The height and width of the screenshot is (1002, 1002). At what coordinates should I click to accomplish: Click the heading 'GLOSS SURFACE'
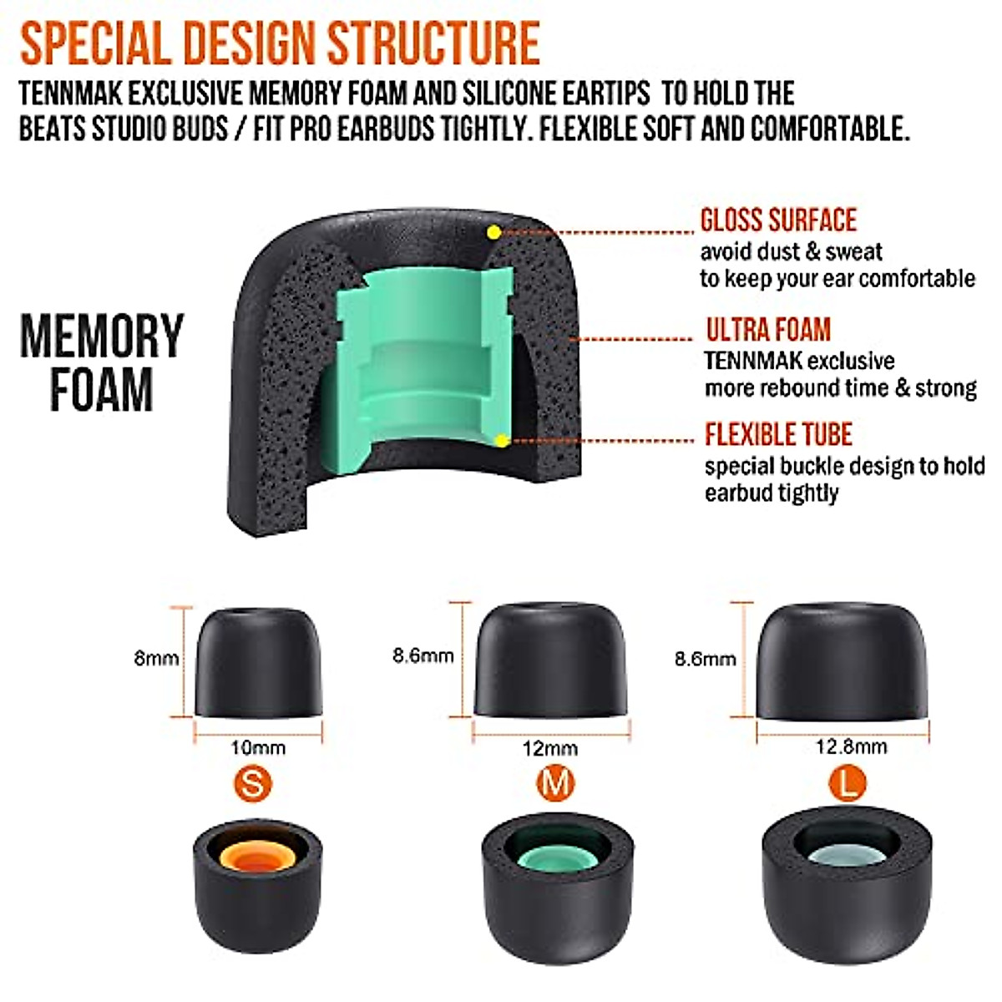(778, 220)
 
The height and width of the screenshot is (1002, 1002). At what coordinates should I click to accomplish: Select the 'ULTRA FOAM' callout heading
(768, 331)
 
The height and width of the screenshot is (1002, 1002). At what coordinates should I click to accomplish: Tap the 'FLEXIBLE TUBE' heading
(778, 435)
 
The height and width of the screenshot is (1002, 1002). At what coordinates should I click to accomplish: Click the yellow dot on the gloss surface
(494, 231)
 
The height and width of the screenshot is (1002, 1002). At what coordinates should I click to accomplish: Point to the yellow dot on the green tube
(501, 440)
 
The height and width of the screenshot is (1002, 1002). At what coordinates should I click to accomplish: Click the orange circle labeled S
(254, 784)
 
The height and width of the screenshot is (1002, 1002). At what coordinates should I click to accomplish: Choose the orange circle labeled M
(555, 783)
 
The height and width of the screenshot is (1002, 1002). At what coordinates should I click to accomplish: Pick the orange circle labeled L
(848, 783)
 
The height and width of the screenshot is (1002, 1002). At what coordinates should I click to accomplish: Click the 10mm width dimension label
(258, 747)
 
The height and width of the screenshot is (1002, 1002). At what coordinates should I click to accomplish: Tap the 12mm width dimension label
(549, 748)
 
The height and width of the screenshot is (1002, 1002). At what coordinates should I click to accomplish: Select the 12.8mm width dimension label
(851, 746)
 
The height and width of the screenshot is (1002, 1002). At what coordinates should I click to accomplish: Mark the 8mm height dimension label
(156, 658)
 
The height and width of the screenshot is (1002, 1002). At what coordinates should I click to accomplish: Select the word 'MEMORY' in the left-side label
(101, 337)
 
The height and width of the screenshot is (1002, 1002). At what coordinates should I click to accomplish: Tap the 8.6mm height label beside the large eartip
(706, 659)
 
